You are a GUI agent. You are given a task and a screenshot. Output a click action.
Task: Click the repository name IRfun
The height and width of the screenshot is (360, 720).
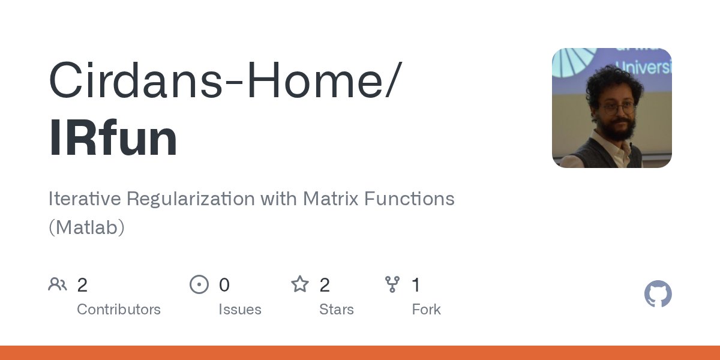(113, 139)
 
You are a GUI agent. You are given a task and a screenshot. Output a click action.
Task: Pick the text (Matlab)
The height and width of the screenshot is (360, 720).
(86, 227)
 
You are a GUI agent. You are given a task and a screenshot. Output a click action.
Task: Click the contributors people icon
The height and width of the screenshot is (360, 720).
(58, 284)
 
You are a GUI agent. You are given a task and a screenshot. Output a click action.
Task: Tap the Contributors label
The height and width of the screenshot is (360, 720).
(119, 310)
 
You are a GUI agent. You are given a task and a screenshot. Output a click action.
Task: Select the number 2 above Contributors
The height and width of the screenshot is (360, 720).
(82, 285)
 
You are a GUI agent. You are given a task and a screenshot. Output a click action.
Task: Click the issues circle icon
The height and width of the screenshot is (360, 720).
(199, 284)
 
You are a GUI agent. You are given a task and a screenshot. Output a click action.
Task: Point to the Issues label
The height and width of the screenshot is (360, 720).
(240, 310)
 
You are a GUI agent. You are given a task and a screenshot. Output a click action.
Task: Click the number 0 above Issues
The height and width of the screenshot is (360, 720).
(224, 285)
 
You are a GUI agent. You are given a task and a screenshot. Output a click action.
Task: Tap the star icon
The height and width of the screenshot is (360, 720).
(299, 284)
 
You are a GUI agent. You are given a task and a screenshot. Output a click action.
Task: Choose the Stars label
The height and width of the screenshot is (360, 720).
(337, 310)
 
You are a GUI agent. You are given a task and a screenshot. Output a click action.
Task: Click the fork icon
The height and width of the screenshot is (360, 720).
(392, 284)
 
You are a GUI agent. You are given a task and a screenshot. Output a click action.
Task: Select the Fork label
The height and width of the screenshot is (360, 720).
(426, 310)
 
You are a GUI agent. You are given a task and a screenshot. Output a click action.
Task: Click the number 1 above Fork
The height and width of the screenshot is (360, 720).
(416, 285)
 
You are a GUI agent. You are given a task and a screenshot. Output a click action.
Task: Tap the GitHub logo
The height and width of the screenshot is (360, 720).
(658, 295)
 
